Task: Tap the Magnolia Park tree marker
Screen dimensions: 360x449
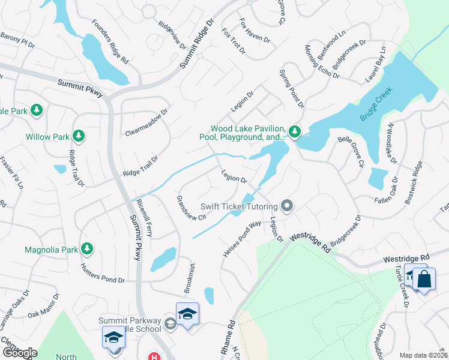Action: tap(87, 248)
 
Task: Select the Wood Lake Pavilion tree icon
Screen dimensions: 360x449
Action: tap(294, 131)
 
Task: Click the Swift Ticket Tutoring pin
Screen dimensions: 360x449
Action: tap(287, 206)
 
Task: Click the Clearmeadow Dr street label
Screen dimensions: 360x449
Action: tap(147, 123)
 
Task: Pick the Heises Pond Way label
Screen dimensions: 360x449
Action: tap(242, 239)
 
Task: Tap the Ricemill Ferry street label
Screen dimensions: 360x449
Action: tap(145, 218)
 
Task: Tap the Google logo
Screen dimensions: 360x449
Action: tap(19, 353)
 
